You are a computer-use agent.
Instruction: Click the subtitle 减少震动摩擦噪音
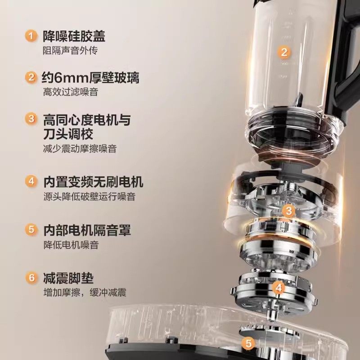(79, 149)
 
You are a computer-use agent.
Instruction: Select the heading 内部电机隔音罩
(87, 230)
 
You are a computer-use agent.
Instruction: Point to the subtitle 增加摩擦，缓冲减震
(84, 292)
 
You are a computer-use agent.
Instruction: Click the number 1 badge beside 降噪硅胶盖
(31, 36)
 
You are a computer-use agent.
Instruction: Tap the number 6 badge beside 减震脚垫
(31, 278)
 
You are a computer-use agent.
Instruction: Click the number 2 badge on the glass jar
(283, 52)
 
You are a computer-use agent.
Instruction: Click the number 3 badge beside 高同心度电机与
(31, 119)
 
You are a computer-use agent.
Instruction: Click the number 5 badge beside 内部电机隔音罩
(31, 230)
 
